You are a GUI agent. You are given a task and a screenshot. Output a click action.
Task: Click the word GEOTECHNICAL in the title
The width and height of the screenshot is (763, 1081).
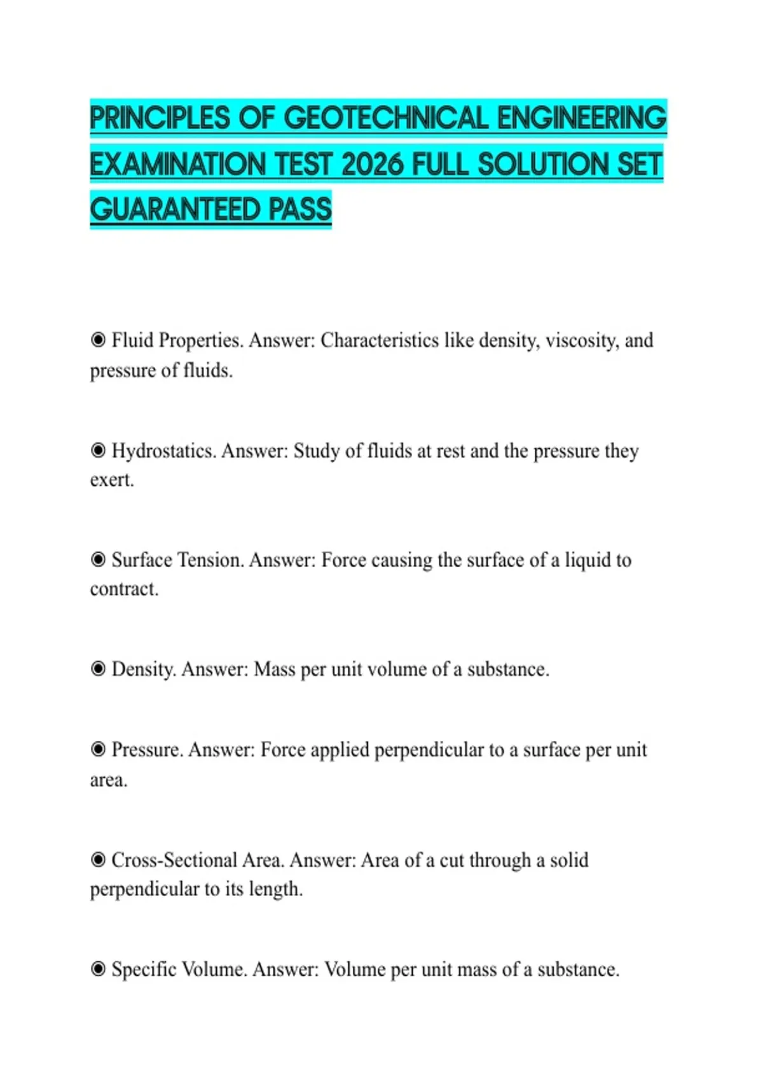click(386, 118)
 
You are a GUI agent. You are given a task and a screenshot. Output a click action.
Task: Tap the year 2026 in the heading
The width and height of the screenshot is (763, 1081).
click(372, 165)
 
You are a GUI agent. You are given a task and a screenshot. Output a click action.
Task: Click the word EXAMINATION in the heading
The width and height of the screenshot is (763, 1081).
click(177, 165)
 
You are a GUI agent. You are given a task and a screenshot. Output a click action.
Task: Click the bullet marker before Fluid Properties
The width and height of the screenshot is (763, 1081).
click(98, 340)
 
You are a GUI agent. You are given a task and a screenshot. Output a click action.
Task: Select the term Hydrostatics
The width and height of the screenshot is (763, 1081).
click(163, 451)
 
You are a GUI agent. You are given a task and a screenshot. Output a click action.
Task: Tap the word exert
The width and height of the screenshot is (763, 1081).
click(112, 480)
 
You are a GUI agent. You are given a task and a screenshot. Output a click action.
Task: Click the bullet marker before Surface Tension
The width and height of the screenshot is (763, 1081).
click(98, 560)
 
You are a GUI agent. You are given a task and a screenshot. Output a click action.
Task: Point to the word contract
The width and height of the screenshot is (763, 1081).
click(124, 589)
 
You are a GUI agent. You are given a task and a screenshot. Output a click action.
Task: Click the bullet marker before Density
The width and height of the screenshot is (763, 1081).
click(98, 668)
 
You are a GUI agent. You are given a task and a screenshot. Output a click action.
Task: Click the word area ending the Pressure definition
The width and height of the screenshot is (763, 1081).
click(108, 780)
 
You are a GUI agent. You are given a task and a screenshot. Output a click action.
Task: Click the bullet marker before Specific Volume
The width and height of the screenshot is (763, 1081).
click(98, 968)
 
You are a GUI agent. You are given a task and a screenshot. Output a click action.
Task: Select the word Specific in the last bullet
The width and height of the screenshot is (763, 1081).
click(144, 970)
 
